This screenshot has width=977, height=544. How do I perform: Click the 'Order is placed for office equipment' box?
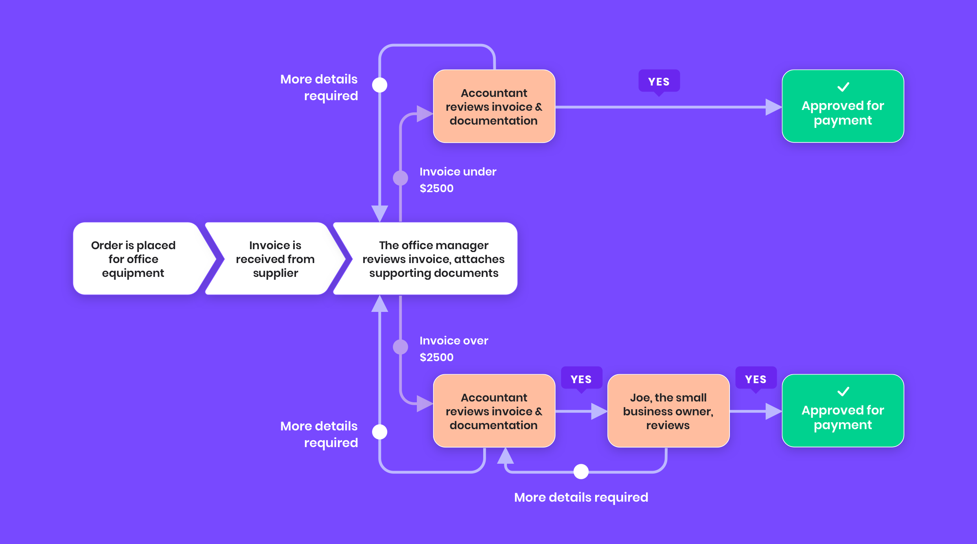click(134, 259)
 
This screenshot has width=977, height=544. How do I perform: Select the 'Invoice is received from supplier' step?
click(275, 259)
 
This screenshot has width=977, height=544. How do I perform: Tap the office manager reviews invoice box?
click(433, 259)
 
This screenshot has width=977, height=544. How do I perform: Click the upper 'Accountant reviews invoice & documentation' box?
click(494, 107)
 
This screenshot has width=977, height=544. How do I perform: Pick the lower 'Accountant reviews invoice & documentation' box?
click(494, 411)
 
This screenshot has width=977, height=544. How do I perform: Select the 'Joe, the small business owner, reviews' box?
click(668, 411)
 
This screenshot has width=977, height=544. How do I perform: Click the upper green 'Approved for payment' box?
click(843, 107)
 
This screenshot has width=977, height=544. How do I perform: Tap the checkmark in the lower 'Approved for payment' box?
click(843, 392)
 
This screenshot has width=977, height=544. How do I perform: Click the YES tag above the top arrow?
click(659, 81)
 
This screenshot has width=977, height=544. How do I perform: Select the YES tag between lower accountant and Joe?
click(581, 379)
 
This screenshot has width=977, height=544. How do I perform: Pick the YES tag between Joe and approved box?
click(756, 379)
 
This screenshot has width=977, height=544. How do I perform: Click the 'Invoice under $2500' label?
click(458, 180)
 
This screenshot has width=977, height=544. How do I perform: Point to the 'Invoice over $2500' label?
click(453, 349)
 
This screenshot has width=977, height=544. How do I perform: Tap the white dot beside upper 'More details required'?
click(380, 85)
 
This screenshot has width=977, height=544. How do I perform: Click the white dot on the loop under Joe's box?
click(581, 472)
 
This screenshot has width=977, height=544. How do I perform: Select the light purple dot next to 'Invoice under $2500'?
click(401, 178)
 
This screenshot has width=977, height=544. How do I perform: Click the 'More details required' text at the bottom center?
click(581, 497)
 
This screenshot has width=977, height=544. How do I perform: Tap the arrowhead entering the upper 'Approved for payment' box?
click(773, 107)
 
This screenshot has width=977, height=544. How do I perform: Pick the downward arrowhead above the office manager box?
click(380, 213)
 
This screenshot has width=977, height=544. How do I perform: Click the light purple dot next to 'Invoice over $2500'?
click(401, 347)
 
